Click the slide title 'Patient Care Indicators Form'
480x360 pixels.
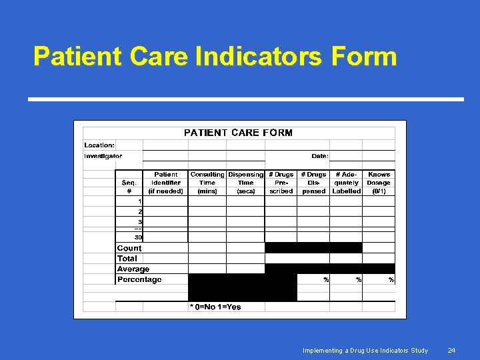215,57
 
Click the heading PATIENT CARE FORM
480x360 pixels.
238,133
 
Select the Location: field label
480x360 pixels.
99,145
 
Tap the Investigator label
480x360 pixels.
103,156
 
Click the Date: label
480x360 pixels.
319,156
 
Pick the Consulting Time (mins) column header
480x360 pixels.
207,183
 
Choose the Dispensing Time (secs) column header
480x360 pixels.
246,183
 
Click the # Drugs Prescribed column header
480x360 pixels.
281,183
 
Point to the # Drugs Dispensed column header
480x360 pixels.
313,183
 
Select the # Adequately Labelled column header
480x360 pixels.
346,183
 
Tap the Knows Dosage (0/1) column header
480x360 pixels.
379,183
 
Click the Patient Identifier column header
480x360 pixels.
166,183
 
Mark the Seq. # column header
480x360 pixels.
129,187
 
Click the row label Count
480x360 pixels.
129,248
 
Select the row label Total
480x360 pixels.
127,259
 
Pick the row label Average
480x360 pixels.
133,269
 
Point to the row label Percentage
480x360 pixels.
139,280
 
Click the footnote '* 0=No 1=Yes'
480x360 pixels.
215,307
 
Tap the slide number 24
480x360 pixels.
451,350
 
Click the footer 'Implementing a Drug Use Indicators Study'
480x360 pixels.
365,350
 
